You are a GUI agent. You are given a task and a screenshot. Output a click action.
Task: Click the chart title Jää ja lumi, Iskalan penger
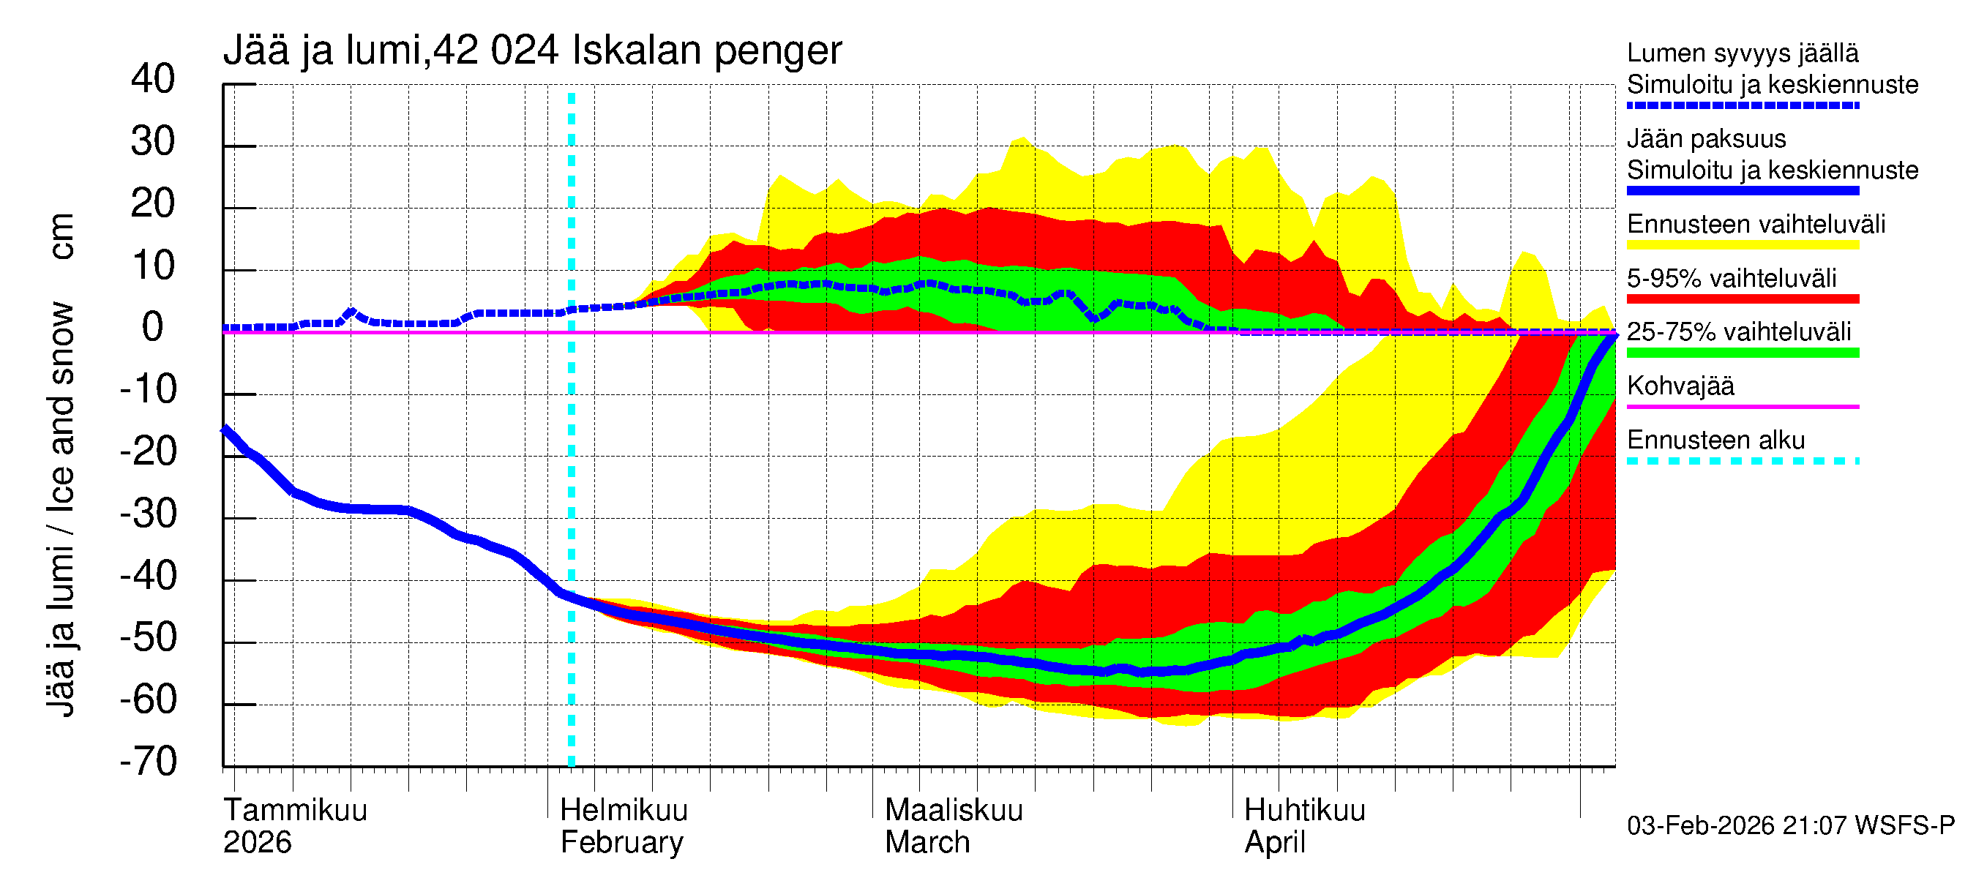(x=531, y=51)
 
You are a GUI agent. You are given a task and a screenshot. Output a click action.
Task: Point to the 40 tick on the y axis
(x=153, y=80)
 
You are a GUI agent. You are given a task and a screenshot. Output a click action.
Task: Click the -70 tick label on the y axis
(x=148, y=762)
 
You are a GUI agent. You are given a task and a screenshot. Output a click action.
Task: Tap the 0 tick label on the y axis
(x=153, y=329)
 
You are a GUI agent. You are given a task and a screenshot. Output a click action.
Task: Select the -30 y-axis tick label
(x=148, y=514)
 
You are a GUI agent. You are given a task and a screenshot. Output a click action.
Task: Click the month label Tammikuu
(x=296, y=811)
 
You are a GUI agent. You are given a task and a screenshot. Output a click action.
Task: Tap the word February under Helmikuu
(x=621, y=843)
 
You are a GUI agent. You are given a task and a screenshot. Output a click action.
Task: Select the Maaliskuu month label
(x=954, y=811)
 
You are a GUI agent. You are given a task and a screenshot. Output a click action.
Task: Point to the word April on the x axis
(x=1274, y=843)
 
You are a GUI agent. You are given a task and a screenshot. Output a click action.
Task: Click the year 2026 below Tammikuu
(x=257, y=843)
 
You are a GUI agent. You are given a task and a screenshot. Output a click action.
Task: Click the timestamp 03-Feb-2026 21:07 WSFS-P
(x=1790, y=826)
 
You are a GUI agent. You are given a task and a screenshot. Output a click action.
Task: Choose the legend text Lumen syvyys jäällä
(x=1742, y=53)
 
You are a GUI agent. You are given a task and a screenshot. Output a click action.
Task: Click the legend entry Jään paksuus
(x=1706, y=140)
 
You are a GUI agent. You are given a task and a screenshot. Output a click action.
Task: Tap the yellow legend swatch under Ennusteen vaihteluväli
(x=1742, y=245)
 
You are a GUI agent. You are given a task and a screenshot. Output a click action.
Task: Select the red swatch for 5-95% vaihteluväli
(x=1742, y=299)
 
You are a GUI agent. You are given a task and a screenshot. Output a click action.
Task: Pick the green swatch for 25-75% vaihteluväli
(x=1742, y=353)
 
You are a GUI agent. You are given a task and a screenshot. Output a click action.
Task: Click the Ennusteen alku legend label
(x=1715, y=441)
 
